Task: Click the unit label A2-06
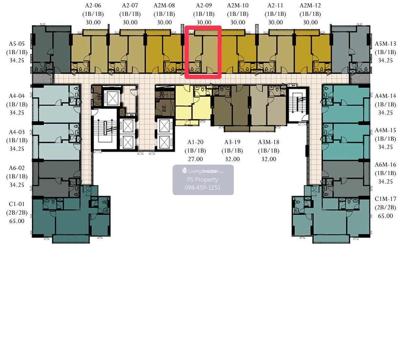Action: tap(93, 5)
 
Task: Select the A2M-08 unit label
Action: tap(164, 5)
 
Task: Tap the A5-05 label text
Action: tap(17, 44)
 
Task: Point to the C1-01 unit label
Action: tap(17, 204)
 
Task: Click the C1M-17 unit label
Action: tap(385, 199)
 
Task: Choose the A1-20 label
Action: tap(195, 142)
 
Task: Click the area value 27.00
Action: tap(195, 159)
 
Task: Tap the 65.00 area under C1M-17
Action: tap(385, 216)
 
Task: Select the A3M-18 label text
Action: tap(269, 142)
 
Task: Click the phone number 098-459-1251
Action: tap(203, 188)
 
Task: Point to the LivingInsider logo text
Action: tap(203, 171)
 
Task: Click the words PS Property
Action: tap(202, 179)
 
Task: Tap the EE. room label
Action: tap(164, 108)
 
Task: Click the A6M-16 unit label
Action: tap(385, 165)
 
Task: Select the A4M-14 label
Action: tap(385, 96)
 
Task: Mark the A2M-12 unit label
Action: tap(310, 5)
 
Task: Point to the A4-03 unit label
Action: tap(17, 132)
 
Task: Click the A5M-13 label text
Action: tap(385, 44)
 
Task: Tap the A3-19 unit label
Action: tap(232, 142)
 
